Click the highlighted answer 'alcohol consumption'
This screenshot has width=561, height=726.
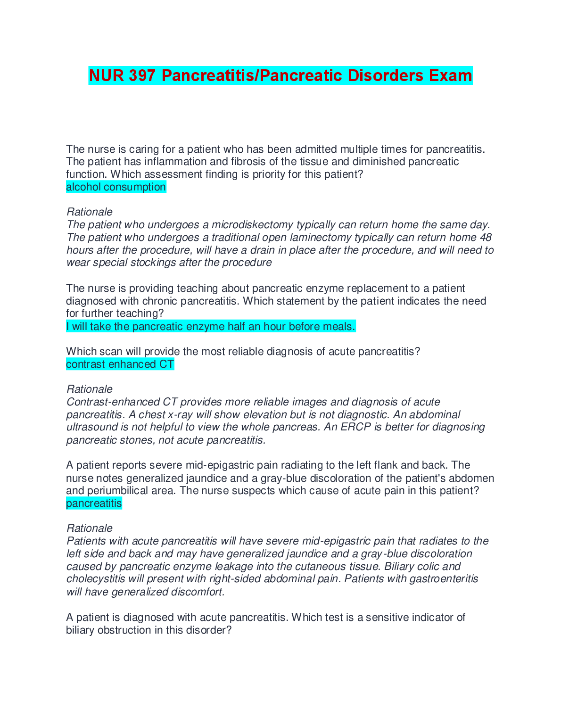tap(116, 187)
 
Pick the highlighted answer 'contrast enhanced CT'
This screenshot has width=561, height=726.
tap(120, 364)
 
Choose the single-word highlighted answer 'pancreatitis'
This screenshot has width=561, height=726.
tap(94, 503)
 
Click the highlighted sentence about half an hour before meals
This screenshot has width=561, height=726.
tap(211, 326)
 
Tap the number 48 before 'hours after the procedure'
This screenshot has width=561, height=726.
tap(486, 238)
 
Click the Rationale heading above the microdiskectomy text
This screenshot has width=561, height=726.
tap(90, 212)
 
